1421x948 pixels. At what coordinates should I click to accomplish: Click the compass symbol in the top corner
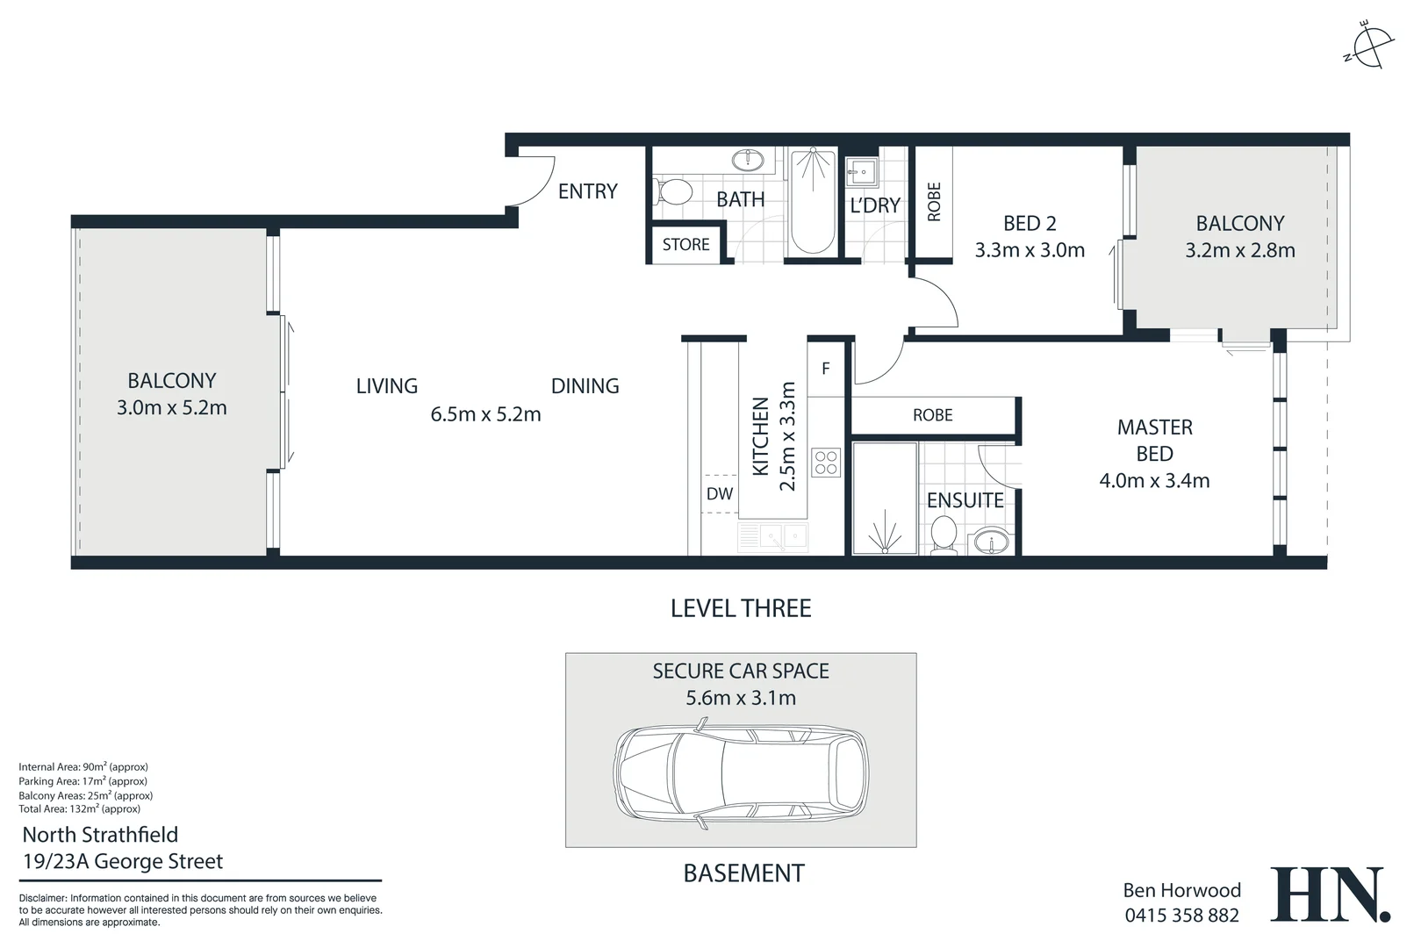[1369, 46]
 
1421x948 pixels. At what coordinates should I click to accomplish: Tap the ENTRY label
[587, 191]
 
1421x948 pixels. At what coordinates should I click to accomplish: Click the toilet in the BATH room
[672, 191]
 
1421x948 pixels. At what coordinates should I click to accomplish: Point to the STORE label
[685, 244]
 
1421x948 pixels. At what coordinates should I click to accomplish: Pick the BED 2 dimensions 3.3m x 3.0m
[1030, 250]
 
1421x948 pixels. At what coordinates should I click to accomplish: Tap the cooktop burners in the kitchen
[826, 462]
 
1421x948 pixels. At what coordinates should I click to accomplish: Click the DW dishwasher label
[720, 493]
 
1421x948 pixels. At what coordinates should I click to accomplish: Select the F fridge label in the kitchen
[825, 368]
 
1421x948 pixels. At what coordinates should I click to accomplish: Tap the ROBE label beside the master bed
[932, 415]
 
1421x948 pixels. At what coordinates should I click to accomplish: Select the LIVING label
[387, 386]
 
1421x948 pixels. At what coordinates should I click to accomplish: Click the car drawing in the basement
[741, 773]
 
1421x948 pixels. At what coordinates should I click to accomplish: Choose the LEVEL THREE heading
[741, 608]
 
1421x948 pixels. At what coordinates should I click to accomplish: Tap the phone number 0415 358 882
[1182, 916]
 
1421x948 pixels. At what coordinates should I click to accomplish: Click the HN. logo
[1330, 894]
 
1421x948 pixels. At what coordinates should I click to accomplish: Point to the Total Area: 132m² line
[79, 809]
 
